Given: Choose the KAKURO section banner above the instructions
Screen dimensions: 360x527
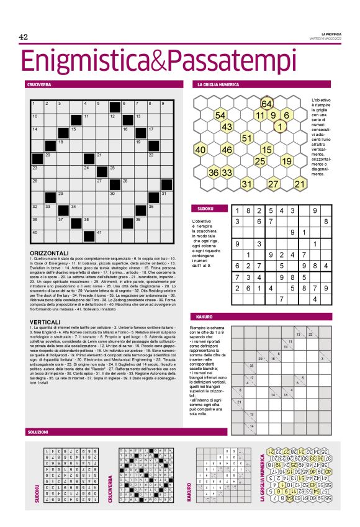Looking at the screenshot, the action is (x=204, y=317).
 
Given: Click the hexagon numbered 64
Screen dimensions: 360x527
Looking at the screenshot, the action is (x=267, y=104).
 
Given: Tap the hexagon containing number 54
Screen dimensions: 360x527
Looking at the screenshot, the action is (x=220, y=115).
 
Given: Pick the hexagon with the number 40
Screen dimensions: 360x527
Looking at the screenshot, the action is (x=200, y=150).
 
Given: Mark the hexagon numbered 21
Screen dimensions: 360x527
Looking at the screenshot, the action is (x=300, y=184).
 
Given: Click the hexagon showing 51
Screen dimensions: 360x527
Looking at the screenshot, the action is (x=246, y=138).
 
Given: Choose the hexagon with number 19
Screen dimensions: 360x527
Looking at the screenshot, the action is (x=287, y=161).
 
